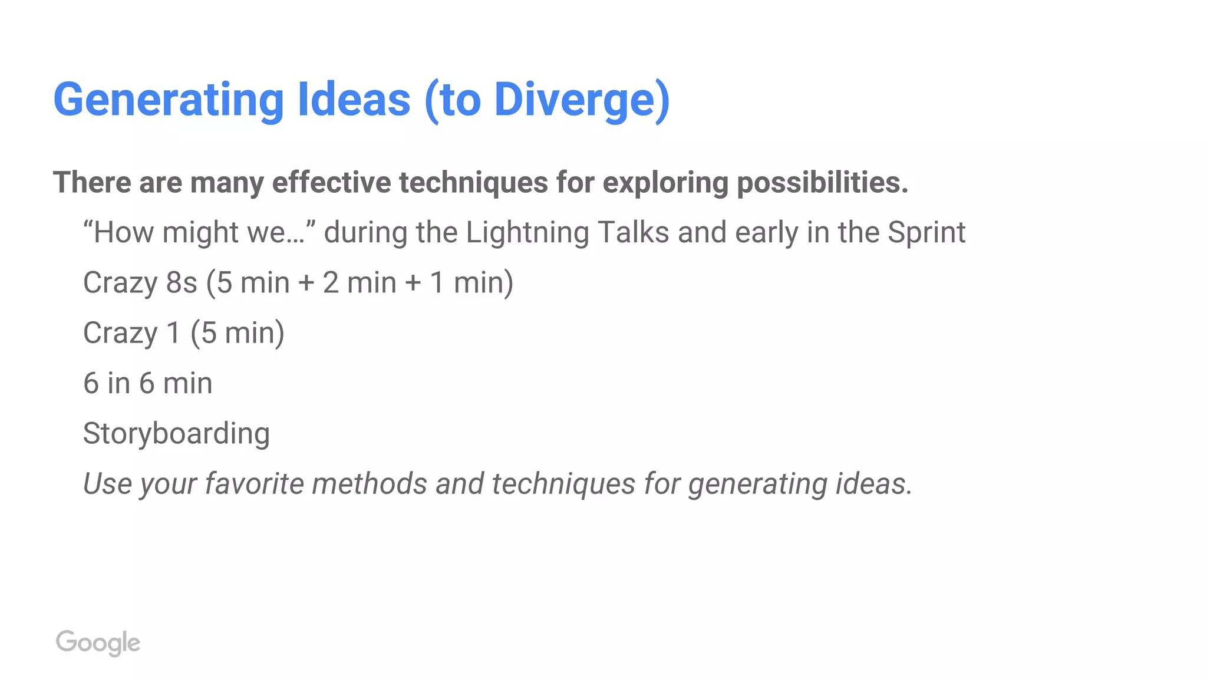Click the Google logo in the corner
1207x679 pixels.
pos(98,642)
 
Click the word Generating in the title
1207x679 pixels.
pos(169,100)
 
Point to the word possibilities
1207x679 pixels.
pos(823,182)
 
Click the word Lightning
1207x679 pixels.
pos(527,233)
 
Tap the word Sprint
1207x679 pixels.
pos(926,233)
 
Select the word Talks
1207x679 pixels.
pos(634,232)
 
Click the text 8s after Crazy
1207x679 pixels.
pos(182,282)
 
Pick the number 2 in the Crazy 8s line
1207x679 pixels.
pos(331,282)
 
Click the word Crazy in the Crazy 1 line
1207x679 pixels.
pos(120,334)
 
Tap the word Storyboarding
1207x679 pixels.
pos(176,434)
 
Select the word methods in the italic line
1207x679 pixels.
pos(369,484)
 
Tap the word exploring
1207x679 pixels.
pos(665,183)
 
